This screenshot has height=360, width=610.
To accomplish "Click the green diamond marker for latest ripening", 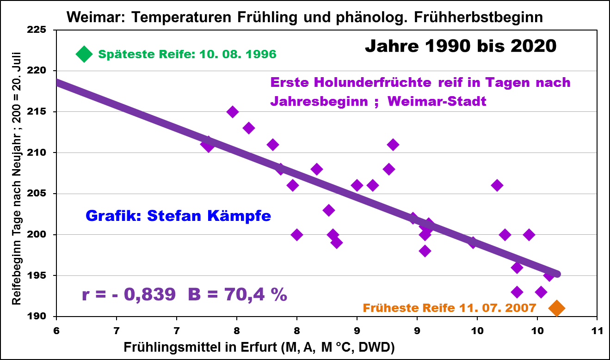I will (x=84, y=54).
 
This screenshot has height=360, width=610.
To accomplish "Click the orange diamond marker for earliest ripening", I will (x=556, y=308).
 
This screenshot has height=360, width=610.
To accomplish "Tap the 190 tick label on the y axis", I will (x=39, y=317).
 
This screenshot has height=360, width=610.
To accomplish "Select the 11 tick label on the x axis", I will (x=597, y=331).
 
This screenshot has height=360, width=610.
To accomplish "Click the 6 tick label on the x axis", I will (x=56, y=331).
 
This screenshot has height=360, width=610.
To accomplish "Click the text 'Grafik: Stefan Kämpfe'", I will (x=178, y=215).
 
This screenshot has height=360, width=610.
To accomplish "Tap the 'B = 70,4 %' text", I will (x=237, y=294).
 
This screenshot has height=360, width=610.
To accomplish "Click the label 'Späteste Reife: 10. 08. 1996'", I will (x=187, y=55).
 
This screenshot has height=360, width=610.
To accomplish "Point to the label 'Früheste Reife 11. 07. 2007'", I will (x=449, y=308).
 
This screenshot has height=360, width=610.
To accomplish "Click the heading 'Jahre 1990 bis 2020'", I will (x=460, y=46).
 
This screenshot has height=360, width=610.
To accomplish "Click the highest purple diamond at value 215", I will (x=233, y=112).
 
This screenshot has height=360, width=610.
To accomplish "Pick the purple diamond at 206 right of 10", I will (x=497, y=186).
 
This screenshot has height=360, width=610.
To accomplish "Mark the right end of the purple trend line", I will (x=557, y=274).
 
